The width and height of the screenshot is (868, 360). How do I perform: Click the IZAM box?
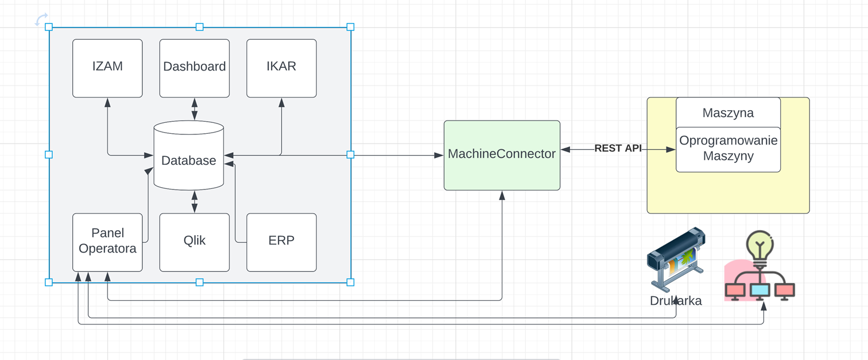point(107,68)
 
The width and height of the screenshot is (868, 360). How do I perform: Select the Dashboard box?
point(194,68)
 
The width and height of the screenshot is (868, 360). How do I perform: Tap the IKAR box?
point(281,68)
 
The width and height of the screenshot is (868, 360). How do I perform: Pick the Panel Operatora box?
point(107,242)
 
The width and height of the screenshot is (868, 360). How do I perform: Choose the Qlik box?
point(194,242)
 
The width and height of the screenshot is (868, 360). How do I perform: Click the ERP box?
point(281,242)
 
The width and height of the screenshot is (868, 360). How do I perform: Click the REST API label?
point(618,148)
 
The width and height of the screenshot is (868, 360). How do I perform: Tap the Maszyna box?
point(728,113)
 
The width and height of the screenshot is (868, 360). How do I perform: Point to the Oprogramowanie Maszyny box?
point(728,149)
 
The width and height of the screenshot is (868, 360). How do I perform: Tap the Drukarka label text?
point(676,301)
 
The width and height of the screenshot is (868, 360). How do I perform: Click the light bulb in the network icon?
point(759,245)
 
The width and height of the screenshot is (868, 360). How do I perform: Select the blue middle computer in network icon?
point(759,290)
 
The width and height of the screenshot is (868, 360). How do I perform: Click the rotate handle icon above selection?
point(41,20)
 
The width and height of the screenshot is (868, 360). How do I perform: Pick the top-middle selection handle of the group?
point(199,27)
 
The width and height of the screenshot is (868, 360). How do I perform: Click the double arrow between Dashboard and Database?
point(194,109)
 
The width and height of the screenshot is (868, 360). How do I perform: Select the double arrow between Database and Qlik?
point(194,202)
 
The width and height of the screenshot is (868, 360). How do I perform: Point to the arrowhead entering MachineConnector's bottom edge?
point(502,195)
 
